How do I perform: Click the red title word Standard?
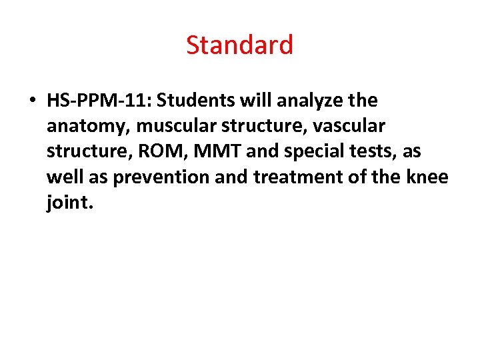(x=239, y=45)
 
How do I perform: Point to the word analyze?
(x=306, y=101)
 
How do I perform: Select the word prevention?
(x=157, y=177)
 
